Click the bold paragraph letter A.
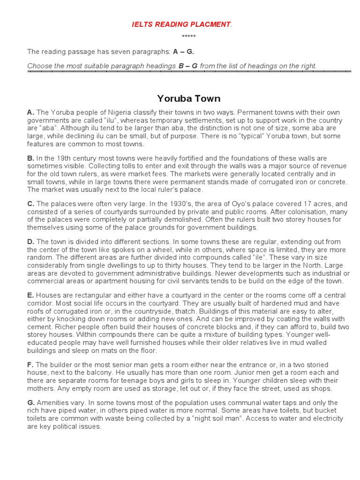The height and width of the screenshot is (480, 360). pyautogui.click(x=30, y=112)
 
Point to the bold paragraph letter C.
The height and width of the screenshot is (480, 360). pyautogui.click(x=31, y=204)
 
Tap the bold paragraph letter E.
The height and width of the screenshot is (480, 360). pyautogui.click(x=30, y=295)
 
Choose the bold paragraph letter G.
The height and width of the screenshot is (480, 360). pyautogui.click(x=31, y=403)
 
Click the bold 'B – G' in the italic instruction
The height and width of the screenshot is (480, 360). pyautogui.click(x=188, y=66)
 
